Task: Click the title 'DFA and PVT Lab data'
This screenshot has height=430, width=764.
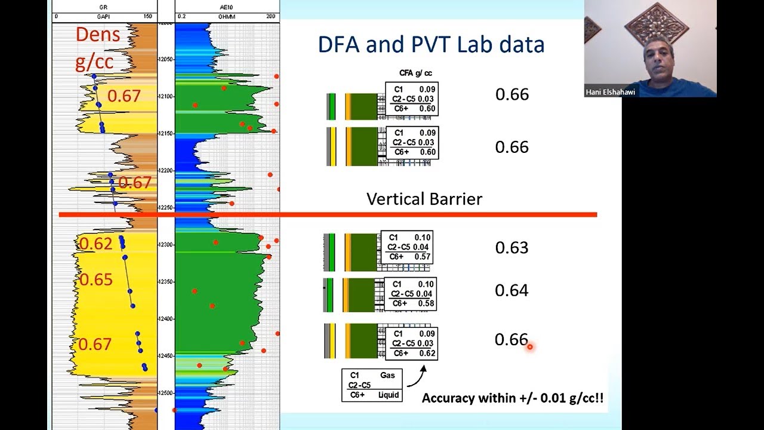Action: (x=431, y=45)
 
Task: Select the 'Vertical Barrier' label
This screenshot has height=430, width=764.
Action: (x=424, y=199)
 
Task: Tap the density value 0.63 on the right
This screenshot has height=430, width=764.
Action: (x=512, y=247)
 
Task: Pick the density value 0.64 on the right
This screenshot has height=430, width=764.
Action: (x=512, y=290)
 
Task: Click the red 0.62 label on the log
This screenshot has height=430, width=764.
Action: (x=95, y=244)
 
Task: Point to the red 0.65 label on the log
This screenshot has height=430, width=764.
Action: (x=95, y=279)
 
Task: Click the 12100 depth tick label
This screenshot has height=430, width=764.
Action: (x=166, y=96)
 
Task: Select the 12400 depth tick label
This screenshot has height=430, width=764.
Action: (x=166, y=319)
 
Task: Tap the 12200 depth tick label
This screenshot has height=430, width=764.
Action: (x=166, y=171)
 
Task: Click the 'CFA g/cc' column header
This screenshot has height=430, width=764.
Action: (x=415, y=73)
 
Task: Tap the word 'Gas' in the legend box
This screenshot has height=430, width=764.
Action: (x=387, y=376)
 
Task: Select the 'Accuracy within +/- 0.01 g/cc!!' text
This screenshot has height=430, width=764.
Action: (x=513, y=398)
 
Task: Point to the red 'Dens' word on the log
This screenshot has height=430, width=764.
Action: (x=98, y=35)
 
